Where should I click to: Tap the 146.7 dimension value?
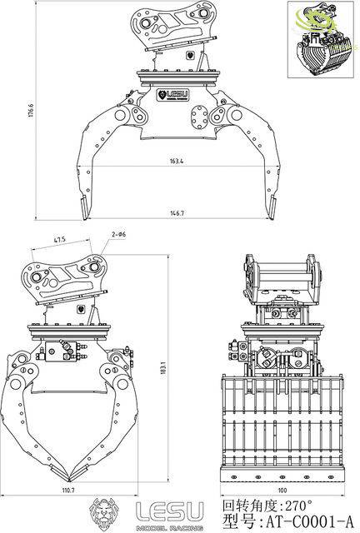[x=176, y=213]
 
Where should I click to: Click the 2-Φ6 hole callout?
[x=117, y=236]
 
